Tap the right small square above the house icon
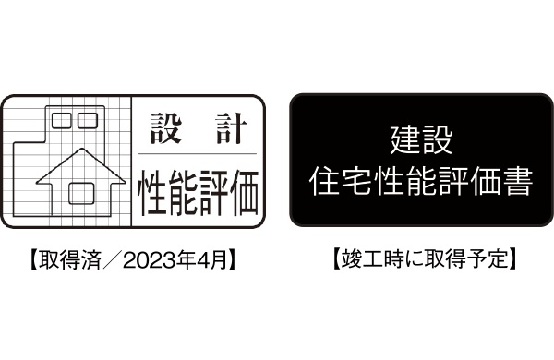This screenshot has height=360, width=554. point(87,119)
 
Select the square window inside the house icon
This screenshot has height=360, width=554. point(79,193)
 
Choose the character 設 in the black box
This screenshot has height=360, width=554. point(439,144)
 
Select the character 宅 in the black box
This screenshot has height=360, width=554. point(355,181)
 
